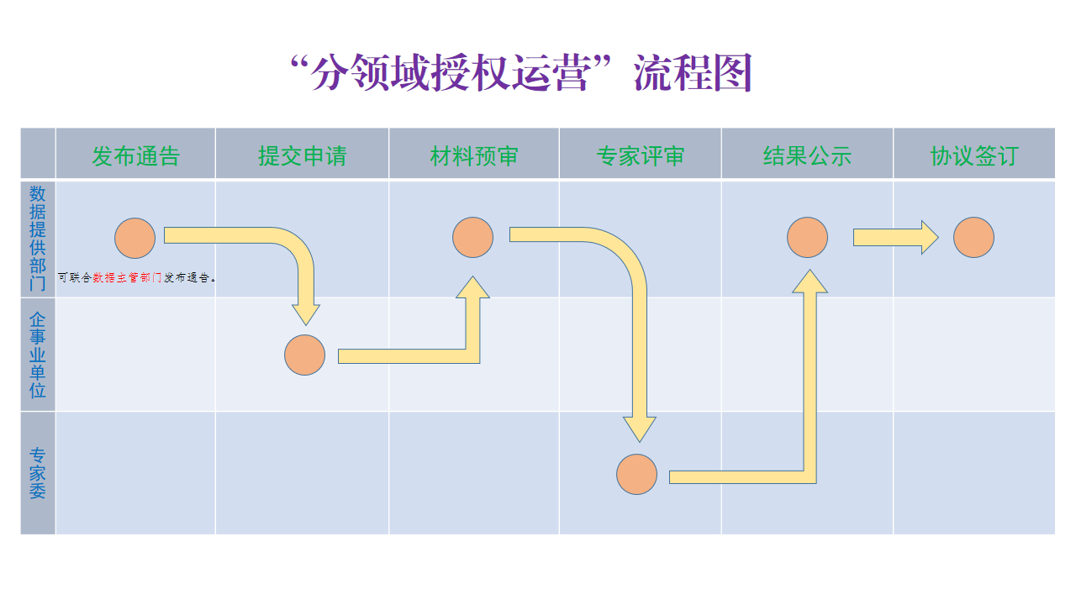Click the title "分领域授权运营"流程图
pos(520,73)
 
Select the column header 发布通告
pos(135,155)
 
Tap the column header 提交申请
pos(302,155)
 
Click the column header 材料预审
pos(474,155)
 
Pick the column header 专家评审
pos(640,155)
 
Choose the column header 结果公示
pos(807,155)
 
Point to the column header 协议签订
pos(973,155)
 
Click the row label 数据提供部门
pos(38,238)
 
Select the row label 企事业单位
pos(38,355)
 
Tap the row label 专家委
pos(38,473)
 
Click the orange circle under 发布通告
pos(135,238)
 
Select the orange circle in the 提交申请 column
pos(304,355)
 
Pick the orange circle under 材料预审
pos(472,238)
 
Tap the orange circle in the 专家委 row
pos(636,474)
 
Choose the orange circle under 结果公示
pos(807,238)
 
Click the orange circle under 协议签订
pos(973,238)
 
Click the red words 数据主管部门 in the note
pos(127,277)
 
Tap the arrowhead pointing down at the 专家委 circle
pos(640,428)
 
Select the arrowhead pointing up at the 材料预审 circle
pos(472,288)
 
